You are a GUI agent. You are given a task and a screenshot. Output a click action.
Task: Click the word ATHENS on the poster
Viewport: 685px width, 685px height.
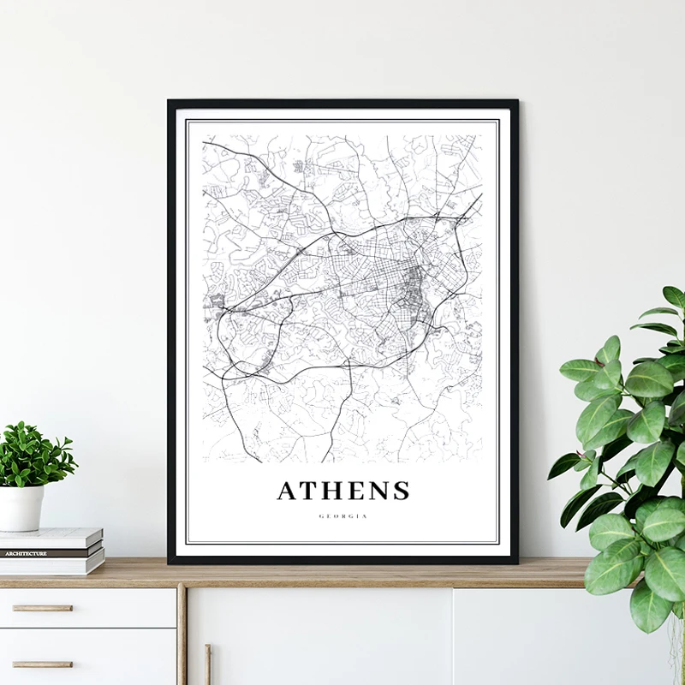(342, 491)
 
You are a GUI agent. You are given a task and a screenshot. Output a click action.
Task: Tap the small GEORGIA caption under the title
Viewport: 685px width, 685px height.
(342, 516)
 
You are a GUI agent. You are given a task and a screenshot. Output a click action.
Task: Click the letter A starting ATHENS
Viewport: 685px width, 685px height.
(287, 491)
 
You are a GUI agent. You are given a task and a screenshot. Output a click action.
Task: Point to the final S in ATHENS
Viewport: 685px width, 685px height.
(401, 491)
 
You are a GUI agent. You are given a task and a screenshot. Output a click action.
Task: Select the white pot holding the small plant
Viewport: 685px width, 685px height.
(21, 508)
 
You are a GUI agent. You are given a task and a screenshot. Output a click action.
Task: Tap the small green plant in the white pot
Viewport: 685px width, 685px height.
(34, 454)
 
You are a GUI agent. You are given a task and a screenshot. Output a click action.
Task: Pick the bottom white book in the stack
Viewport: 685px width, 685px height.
(51, 565)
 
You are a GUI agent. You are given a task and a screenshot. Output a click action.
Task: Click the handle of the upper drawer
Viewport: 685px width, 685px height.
(42, 608)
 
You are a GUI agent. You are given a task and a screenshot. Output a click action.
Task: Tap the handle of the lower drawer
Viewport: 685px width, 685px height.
(42, 664)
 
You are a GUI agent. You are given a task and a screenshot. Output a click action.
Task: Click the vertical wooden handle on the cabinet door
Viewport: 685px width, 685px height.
(208, 664)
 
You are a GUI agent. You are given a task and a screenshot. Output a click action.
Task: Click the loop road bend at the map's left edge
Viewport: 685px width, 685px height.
(222, 330)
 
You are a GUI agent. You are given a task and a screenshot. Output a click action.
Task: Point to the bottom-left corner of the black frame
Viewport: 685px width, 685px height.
(170, 562)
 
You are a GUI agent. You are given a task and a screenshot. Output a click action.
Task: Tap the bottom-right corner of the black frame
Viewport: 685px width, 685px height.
(516, 562)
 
